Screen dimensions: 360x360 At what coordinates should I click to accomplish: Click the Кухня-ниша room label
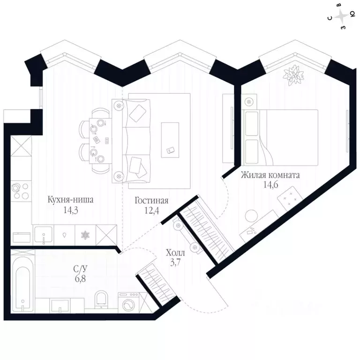point(70,200)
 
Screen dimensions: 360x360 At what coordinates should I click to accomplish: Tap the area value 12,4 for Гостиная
point(151,210)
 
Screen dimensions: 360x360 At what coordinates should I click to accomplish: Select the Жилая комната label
point(270,175)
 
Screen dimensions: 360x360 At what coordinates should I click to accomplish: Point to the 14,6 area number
point(270,185)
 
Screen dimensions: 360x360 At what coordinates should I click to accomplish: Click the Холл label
point(175,253)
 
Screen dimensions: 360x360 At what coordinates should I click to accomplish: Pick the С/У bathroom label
point(80,269)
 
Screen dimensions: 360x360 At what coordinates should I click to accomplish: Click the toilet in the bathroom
point(101,299)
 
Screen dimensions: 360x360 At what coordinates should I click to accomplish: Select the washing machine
point(128,302)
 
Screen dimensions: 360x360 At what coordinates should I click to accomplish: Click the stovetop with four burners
point(21,191)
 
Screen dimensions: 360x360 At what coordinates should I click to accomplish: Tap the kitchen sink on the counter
point(44,235)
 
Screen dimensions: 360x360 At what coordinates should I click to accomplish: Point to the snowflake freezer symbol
point(85,235)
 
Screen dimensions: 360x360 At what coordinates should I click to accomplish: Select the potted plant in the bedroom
point(293,75)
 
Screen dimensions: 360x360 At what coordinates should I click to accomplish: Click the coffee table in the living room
point(170,140)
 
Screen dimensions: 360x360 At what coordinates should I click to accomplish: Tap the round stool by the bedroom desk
point(251,216)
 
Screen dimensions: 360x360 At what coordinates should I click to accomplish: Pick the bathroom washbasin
point(60,306)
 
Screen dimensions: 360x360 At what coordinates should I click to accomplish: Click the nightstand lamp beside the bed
point(248,101)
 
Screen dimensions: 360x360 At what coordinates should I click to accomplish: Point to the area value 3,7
point(175,262)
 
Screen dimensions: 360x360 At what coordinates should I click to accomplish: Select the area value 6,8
point(80,278)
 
